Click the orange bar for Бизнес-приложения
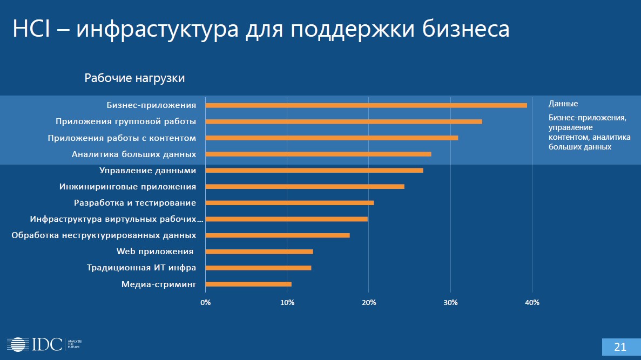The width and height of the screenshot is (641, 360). (x=366, y=105)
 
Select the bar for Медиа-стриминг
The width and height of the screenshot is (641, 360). (x=248, y=284)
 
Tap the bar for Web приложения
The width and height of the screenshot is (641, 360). (x=259, y=252)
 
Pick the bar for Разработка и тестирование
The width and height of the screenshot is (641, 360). (x=289, y=203)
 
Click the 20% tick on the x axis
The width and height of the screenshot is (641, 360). (x=369, y=302)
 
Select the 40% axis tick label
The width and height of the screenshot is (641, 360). (x=532, y=302)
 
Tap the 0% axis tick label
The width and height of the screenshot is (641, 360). (x=205, y=302)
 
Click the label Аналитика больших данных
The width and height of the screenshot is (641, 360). (x=134, y=154)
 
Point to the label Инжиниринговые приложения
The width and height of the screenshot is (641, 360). (x=127, y=187)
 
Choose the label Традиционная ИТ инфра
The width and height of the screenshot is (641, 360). (x=141, y=268)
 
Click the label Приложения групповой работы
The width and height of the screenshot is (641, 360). (x=126, y=121)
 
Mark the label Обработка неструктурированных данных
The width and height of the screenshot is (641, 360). (x=104, y=235)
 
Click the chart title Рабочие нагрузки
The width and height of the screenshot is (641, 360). (x=134, y=78)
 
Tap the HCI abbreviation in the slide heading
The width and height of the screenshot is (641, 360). (x=31, y=29)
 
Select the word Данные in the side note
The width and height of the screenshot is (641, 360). (x=563, y=104)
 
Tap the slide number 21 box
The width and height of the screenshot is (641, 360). (x=620, y=347)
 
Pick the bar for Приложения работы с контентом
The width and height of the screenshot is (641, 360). (x=332, y=138)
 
